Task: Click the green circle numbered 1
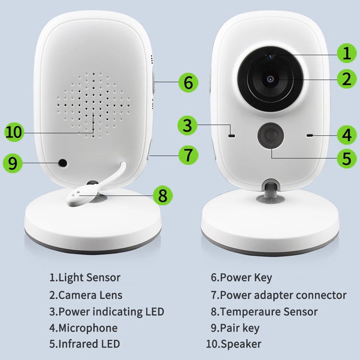click(347, 53)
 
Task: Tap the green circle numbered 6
click(188, 82)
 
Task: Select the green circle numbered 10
click(15, 132)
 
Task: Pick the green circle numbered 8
click(162, 194)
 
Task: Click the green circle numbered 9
click(12, 163)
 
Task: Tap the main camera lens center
click(271, 78)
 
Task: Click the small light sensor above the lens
click(271, 56)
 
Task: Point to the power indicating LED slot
click(232, 136)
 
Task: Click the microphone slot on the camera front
click(310, 136)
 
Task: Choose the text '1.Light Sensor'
click(84, 277)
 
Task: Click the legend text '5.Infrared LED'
click(84, 344)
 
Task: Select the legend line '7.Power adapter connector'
click(278, 295)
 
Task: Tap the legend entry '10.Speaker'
click(234, 344)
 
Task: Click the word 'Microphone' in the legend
click(87, 328)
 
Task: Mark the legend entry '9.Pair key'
click(235, 328)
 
